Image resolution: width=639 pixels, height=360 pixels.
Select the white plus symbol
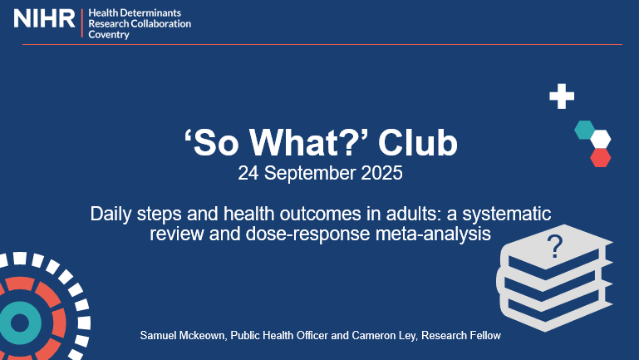(562, 96)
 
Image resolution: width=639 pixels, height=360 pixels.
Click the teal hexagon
(585, 130)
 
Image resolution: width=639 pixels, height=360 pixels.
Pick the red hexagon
(601, 157)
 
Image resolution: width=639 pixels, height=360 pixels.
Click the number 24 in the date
(248, 175)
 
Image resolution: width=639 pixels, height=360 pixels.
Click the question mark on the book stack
(554, 245)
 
